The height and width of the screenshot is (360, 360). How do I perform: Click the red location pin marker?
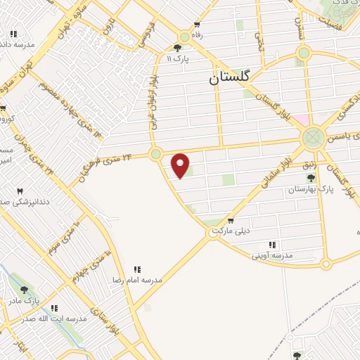pos(181,165)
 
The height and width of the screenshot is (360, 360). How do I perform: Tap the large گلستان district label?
pos(234,79)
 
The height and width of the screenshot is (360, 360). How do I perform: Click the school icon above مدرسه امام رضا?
pos(137,269)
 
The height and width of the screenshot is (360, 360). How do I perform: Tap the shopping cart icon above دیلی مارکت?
pos(231,219)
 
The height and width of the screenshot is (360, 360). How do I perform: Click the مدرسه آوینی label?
pos(277,255)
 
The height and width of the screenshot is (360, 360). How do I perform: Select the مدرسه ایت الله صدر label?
pos(53,319)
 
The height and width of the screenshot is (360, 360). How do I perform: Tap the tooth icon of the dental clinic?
pos(20,191)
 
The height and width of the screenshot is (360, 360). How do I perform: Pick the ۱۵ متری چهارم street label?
pos(90,266)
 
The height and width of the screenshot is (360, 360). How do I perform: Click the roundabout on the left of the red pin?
pos(156,153)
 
